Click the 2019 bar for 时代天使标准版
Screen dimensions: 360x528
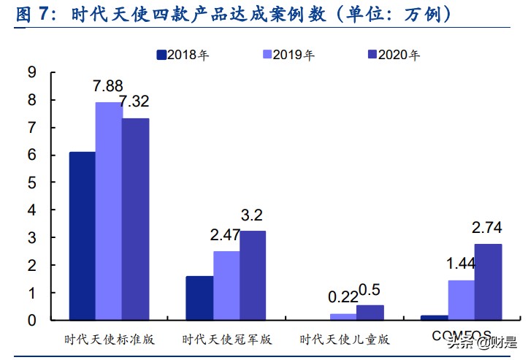(x=109, y=211)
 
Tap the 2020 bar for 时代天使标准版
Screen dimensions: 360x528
(x=136, y=219)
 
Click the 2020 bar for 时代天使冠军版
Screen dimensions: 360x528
(x=253, y=275)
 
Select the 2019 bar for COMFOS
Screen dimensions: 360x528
(x=461, y=300)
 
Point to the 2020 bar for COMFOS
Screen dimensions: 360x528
(x=488, y=282)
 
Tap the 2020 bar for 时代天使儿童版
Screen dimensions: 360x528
(x=370, y=313)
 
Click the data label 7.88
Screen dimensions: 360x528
(x=108, y=86)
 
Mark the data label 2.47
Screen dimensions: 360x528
(x=225, y=235)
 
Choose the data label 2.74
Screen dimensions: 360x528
(x=487, y=228)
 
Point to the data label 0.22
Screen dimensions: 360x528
(x=343, y=297)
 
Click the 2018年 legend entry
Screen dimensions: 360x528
(x=183, y=55)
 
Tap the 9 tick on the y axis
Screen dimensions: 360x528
(x=31, y=72)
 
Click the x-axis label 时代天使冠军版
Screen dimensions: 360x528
(x=227, y=340)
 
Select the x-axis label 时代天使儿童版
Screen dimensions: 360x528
(x=345, y=340)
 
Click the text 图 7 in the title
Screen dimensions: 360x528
(x=32, y=14)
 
